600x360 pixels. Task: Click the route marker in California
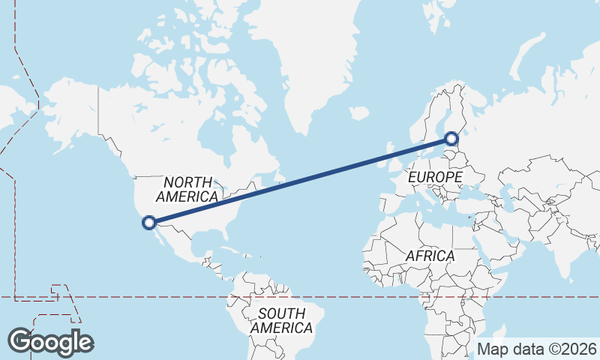click(149, 222)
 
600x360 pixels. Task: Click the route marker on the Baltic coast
click(451, 138)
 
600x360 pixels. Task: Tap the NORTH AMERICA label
click(187, 189)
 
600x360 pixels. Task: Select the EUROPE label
click(435, 177)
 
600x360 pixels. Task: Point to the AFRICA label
click(430, 256)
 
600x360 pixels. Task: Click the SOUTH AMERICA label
click(281, 321)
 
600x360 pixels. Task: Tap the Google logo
click(50, 342)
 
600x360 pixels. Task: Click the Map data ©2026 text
click(536, 349)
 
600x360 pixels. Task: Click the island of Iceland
click(359, 114)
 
